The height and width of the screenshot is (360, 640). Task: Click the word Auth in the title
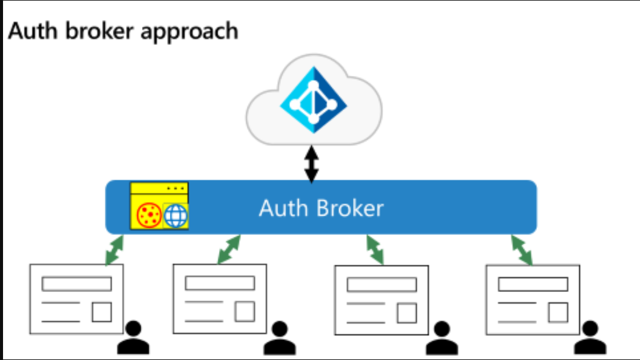(x=33, y=31)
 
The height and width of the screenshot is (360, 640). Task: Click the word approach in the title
(x=189, y=33)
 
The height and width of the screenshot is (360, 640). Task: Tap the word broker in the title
(x=99, y=31)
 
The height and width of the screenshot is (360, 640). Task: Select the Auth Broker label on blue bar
(x=322, y=208)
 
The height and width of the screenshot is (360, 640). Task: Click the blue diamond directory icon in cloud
(x=314, y=100)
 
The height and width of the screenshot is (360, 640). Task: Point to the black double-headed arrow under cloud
(x=312, y=165)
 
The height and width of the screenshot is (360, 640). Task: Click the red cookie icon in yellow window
(x=149, y=215)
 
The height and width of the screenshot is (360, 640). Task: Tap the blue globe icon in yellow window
(x=175, y=216)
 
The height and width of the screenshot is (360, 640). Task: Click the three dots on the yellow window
(x=175, y=188)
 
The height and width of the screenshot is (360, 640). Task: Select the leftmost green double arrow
(x=114, y=250)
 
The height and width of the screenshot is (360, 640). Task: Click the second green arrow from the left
(x=229, y=250)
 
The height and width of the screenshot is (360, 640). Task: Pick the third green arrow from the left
(x=375, y=250)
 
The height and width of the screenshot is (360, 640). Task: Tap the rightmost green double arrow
(x=522, y=250)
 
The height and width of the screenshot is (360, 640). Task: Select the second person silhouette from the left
(x=280, y=338)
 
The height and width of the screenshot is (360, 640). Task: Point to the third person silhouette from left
(x=442, y=338)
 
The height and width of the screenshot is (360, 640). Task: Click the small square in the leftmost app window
(x=102, y=312)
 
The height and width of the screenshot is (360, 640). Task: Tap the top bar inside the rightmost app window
(x=533, y=284)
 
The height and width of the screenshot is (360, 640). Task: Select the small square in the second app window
(x=245, y=311)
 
